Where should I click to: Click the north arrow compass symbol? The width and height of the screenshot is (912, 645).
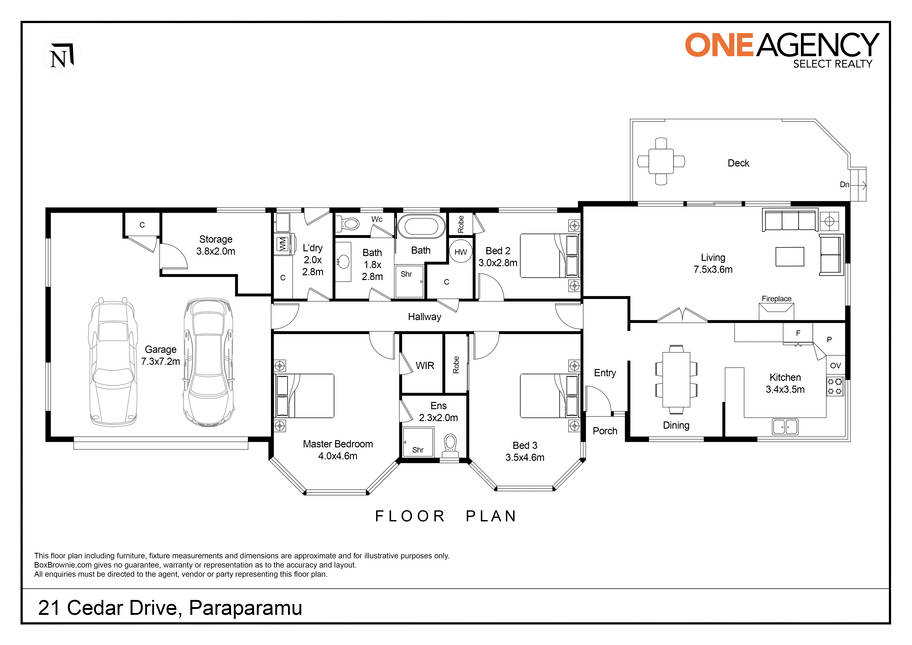pyautogui.click(x=62, y=56)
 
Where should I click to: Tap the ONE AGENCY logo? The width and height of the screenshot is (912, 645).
pyautogui.click(x=781, y=50)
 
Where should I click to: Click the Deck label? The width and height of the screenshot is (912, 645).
pyautogui.click(x=738, y=163)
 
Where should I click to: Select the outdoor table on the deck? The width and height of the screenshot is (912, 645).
pyautogui.click(x=661, y=161)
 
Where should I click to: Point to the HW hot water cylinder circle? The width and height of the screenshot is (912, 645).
pyautogui.click(x=461, y=252)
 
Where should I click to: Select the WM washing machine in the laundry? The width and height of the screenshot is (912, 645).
pyautogui.click(x=282, y=243)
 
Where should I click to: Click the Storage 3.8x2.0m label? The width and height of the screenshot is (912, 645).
pyautogui.click(x=216, y=245)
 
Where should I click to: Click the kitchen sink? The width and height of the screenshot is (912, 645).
pyautogui.click(x=785, y=427)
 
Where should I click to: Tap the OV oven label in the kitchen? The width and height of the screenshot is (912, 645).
pyautogui.click(x=836, y=366)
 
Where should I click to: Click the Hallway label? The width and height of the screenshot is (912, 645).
pyautogui.click(x=425, y=317)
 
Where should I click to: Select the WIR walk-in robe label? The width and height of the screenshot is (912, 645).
pyautogui.click(x=425, y=366)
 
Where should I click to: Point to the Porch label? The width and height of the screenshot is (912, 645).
pyautogui.click(x=605, y=431)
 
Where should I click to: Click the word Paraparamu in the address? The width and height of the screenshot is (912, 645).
pyautogui.click(x=246, y=608)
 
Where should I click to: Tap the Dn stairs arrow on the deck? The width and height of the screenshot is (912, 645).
pyautogui.click(x=853, y=185)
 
